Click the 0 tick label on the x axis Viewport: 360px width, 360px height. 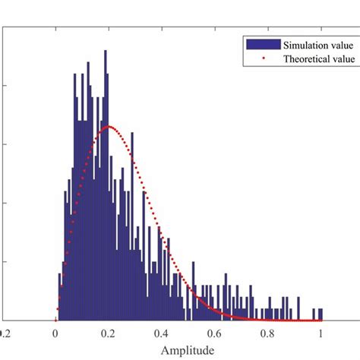click(55, 332)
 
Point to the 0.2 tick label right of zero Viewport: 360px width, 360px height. click(109, 332)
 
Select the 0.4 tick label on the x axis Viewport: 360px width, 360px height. click(162, 332)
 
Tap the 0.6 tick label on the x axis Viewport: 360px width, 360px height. click(215, 332)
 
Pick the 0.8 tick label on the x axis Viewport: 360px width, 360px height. click(268, 332)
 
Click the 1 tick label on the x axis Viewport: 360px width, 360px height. click(321, 332)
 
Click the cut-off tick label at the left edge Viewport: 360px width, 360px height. click(5, 332)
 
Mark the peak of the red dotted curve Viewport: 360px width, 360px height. click(109, 126)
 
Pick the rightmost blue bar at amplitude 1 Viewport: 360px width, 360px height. click(321, 314)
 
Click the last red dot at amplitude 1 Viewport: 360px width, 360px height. click(321, 320)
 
